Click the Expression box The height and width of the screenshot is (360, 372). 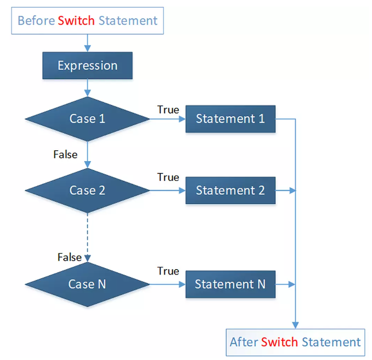coord(88,65)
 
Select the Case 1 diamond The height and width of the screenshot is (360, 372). coord(88,119)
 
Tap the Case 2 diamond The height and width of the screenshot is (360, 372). coord(88,191)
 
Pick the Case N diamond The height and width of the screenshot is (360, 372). coord(88,284)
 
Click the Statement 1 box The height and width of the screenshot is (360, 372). coord(230,119)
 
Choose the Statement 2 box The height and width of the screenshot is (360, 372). coord(230,191)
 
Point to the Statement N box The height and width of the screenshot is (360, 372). coord(230,284)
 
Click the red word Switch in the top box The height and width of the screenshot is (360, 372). coord(76,21)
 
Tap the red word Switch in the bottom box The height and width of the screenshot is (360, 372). coord(279,342)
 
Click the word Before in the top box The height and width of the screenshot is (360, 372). coord(36,21)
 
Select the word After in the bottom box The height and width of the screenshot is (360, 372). coord(244,342)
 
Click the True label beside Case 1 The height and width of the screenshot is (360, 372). coord(168,110)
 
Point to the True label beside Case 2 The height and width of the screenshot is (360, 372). coord(168,177)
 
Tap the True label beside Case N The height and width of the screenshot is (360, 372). coord(168,271)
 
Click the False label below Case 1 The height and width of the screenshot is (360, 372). coord(65,155)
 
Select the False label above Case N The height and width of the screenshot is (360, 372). coord(69,257)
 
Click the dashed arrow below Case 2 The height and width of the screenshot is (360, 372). coord(88,237)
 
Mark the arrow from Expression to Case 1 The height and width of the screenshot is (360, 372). coord(88,88)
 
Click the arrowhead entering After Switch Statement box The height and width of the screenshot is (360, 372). coord(295,325)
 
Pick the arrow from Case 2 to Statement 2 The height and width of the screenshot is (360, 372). coord(168,191)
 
